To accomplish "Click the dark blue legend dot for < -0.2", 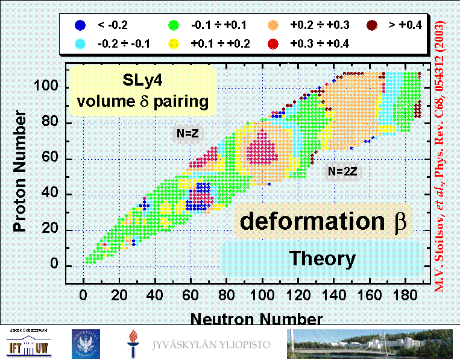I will point(78,25).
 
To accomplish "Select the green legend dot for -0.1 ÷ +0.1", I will point(174,25).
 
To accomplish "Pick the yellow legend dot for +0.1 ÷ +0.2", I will point(174,43).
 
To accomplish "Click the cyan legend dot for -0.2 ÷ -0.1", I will point(78,43).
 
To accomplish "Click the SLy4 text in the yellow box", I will point(142,80).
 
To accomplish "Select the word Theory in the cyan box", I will point(322,259).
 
